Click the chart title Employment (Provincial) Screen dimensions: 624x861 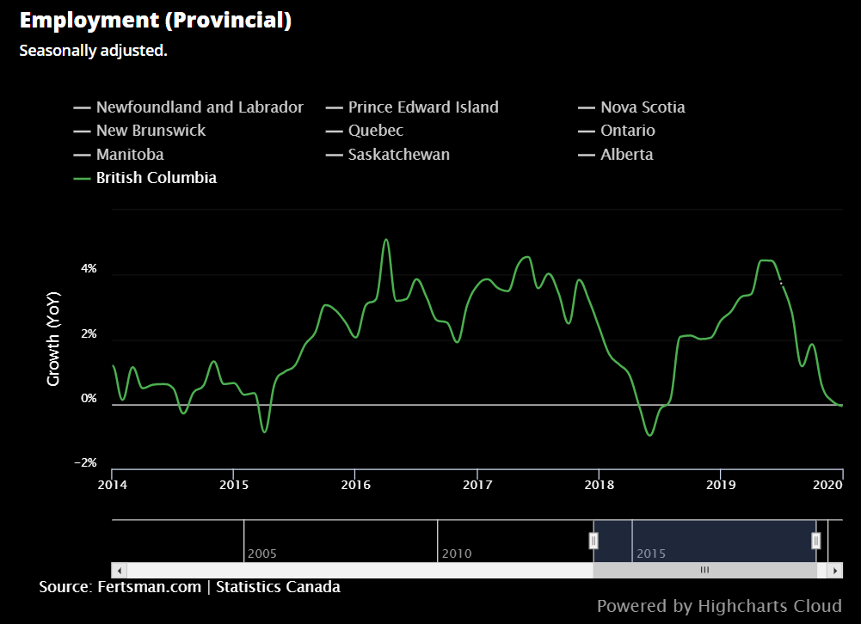[x=155, y=21]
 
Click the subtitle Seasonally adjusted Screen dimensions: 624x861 [x=93, y=51]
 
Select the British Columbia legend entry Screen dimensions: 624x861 [x=156, y=178]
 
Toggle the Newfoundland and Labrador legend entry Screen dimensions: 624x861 [x=199, y=107]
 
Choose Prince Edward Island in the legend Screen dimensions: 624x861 [x=422, y=107]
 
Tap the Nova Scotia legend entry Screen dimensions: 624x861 [x=643, y=107]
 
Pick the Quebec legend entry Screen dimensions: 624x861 [x=375, y=131]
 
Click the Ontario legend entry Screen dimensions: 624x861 [x=627, y=131]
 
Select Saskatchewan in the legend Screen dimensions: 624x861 [x=398, y=155]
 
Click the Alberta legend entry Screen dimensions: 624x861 [x=626, y=155]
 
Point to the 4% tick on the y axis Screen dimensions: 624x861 [x=89, y=269]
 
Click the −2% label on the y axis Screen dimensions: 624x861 [x=85, y=462]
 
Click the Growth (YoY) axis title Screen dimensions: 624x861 [x=53, y=339]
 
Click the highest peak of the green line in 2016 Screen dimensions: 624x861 [x=386, y=240]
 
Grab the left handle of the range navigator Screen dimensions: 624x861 [x=593, y=541]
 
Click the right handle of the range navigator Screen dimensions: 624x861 [x=816, y=541]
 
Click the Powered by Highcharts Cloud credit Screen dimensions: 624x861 [x=718, y=606]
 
